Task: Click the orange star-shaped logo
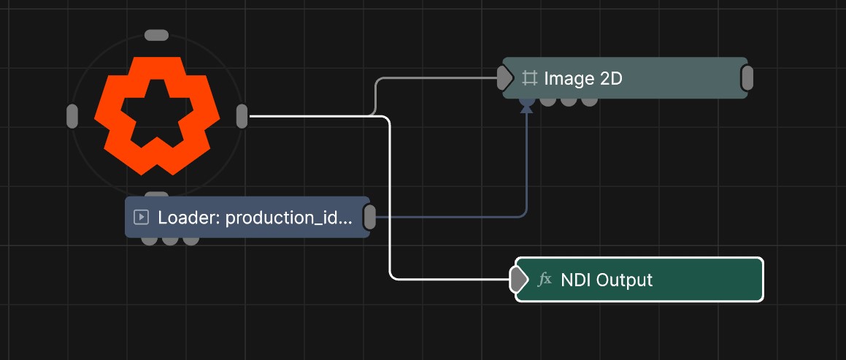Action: click(156, 115)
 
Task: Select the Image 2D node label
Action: click(582, 79)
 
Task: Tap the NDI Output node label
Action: click(607, 280)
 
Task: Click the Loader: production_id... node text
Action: click(255, 218)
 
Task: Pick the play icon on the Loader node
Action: click(141, 217)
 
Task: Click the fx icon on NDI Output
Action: click(545, 279)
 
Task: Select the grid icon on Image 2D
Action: click(529, 78)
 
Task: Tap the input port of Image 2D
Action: click(504, 78)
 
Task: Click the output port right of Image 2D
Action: click(747, 78)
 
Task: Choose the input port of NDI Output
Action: click(518, 279)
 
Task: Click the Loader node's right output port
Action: click(369, 217)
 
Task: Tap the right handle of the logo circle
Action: click(242, 116)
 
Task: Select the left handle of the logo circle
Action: click(72, 116)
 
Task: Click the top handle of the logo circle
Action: click(156, 35)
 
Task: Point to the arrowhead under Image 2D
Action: click(526, 109)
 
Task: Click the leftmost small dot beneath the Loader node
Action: click(150, 240)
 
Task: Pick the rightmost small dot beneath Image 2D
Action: click(589, 101)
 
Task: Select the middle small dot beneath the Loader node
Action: click(170, 240)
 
